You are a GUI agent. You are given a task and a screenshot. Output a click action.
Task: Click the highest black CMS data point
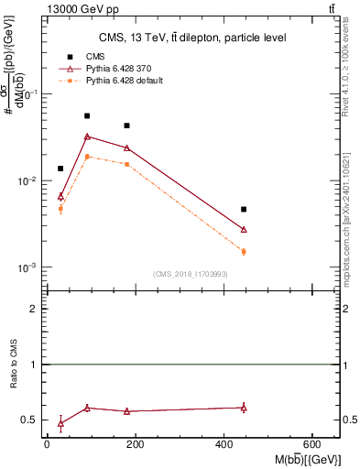(87, 116)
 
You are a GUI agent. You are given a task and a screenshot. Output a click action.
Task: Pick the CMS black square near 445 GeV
(244, 210)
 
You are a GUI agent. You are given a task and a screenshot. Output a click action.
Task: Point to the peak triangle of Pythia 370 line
(87, 136)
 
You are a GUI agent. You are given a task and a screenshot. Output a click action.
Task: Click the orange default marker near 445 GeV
(244, 251)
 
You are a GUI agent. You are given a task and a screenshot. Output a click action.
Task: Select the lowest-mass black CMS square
(60, 169)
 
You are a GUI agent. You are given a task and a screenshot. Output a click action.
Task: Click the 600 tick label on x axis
(312, 445)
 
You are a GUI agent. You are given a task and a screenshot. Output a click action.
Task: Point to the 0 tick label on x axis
(47, 445)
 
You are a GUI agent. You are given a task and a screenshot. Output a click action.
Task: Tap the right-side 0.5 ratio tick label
(350, 420)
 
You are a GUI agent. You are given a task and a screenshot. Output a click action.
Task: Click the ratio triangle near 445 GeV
(244, 408)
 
